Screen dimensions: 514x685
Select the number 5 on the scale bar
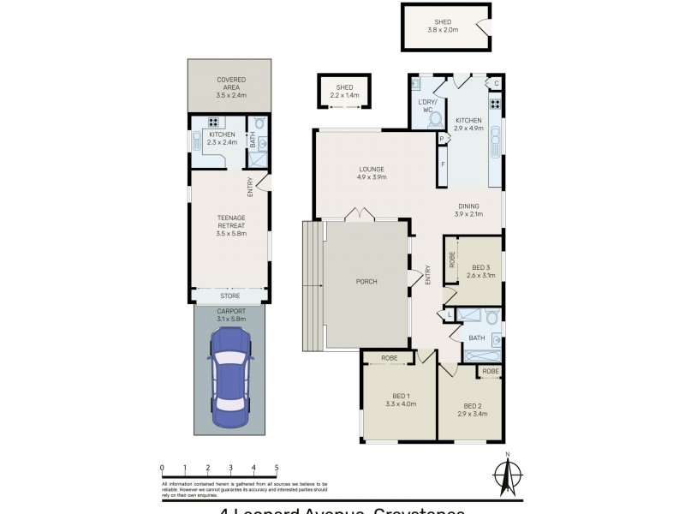pos(277,468)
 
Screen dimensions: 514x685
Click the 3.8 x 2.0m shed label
pos(443,26)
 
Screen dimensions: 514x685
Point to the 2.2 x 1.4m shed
pos(344,91)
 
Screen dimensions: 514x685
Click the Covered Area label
pos(231,85)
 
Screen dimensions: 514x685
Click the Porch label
pos(366,282)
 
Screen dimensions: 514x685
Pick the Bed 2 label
pos(474,409)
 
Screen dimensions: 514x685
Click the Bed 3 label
pos(481,272)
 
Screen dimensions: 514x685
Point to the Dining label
pos(468,209)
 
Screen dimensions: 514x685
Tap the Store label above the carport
pos(231,299)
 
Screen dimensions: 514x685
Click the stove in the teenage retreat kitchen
pos(212,122)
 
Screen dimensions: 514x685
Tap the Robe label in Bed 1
pos(389,358)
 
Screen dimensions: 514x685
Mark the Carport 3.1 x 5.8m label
pos(231,314)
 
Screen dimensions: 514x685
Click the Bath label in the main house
pos(476,338)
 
